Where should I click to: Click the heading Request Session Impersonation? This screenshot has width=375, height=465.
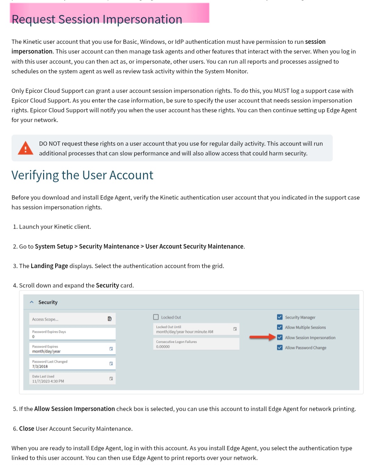97,19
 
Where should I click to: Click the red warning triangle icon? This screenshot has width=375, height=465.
25,148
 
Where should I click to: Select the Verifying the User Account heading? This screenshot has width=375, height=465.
82,175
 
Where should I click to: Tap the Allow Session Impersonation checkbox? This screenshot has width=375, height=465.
280,337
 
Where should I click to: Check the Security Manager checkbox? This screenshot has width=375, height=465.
280,317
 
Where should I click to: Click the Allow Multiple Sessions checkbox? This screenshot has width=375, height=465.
280,327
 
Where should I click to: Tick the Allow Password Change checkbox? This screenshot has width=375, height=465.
280,348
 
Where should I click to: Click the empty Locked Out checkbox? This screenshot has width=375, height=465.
156,317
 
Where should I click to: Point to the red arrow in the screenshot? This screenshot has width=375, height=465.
262,337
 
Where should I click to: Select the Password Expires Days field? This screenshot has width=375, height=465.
72,334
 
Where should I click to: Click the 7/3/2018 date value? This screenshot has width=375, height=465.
40,366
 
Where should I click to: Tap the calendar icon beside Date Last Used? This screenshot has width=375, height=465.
111,378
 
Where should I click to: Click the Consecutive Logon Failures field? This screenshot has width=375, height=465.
196,344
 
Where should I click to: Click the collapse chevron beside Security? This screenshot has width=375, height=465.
32,302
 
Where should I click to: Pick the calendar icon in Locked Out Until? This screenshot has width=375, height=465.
235,329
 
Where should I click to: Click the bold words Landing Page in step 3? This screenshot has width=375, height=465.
49,266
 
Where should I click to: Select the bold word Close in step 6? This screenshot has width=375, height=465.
27,429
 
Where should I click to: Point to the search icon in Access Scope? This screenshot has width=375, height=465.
110,319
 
